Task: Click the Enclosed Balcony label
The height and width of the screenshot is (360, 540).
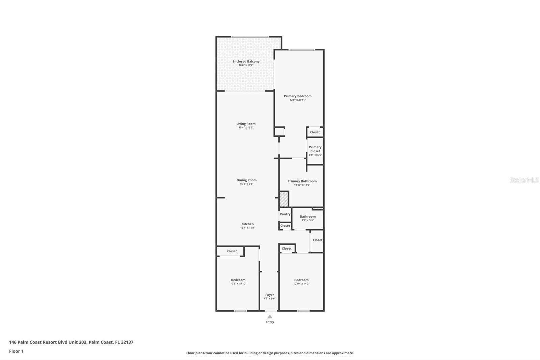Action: coord(246,61)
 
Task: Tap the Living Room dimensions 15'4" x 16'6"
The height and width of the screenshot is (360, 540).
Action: coord(246,128)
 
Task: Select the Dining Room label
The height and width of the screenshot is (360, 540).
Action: coord(246,180)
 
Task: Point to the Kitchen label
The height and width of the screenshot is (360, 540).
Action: coord(247,224)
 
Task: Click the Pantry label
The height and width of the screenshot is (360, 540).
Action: coord(285,214)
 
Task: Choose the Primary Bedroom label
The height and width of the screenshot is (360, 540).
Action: coord(297,96)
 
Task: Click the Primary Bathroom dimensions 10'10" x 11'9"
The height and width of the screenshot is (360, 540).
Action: coord(302,185)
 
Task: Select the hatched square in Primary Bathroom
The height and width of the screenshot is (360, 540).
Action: coord(284,199)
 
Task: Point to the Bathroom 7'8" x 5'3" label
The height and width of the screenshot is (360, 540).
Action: coord(307,217)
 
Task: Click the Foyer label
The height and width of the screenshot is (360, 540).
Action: coord(269,295)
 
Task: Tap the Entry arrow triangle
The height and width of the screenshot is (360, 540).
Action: coord(270,316)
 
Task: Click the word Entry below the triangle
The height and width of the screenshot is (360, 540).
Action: coord(270,322)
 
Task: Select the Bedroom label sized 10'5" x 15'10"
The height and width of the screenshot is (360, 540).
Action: coord(238,280)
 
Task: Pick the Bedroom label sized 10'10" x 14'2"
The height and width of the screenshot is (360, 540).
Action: coord(301,280)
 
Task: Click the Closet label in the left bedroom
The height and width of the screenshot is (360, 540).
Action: coord(232,251)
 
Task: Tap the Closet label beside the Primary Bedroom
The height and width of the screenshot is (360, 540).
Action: coord(315,132)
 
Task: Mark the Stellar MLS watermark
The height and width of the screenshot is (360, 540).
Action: coord(524,180)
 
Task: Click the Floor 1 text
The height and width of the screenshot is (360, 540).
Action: coord(16,351)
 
